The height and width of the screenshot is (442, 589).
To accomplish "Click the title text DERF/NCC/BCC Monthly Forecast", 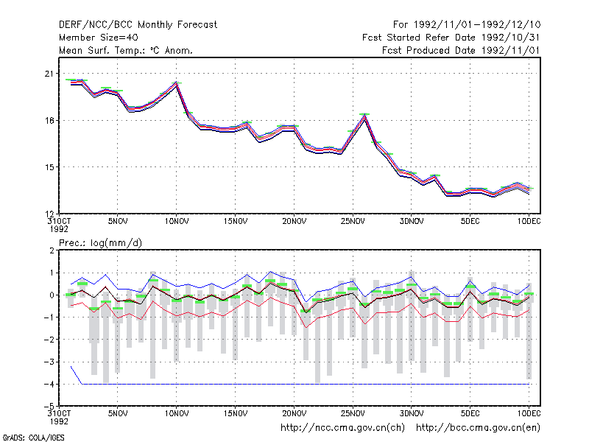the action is pyautogui.click(x=138, y=25).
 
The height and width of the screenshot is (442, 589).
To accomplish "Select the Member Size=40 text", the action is pyautogui.click(x=99, y=38).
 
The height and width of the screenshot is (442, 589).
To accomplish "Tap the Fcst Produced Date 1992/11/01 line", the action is pyautogui.click(x=461, y=50).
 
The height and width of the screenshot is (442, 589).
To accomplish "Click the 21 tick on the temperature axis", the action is pyautogui.click(x=49, y=74).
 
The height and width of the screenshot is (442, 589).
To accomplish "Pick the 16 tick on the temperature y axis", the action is pyautogui.click(x=49, y=121).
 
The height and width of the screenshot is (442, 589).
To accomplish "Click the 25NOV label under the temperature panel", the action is pyautogui.click(x=353, y=221).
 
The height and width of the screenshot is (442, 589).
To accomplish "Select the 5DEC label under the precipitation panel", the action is pyautogui.click(x=470, y=413).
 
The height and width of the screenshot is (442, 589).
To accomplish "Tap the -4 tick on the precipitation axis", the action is pyautogui.click(x=49, y=384).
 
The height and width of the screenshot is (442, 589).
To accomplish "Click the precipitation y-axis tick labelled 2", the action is pyautogui.click(x=52, y=250).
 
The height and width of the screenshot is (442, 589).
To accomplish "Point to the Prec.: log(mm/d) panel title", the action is pyautogui.click(x=100, y=243).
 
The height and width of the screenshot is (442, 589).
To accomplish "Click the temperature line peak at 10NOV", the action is pyautogui.click(x=176, y=83).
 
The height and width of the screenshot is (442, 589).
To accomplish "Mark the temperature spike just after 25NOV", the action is pyautogui.click(x=364, y=115).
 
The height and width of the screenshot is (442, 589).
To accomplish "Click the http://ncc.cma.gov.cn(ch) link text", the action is pyautogui.click(x=342, y=428).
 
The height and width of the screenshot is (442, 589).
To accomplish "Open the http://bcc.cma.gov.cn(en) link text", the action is pyautogui.click(x=478, y=428).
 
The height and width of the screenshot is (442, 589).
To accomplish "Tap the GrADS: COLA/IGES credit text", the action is pyautogui.click(x=33, y=438).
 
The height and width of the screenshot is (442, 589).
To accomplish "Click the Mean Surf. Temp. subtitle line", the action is pyautogui.click(x=125, y=50).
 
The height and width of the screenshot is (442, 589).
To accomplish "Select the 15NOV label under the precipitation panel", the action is pyautogui.click(x=236, y=413).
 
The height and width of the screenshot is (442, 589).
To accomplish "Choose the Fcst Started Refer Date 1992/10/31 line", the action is pyautogui.click(x=451, y=38).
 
